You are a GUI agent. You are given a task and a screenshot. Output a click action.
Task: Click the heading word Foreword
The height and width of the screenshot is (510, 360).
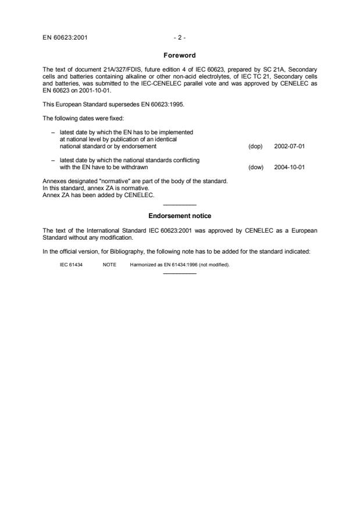click(x=180, y=55)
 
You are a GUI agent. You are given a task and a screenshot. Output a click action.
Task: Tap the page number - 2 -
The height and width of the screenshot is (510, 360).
click(x=180, y=38)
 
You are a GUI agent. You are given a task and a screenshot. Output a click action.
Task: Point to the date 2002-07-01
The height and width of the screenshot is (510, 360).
click(x=289, y=147)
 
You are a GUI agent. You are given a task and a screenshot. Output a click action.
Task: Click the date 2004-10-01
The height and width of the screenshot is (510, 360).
click(x=289, y=167)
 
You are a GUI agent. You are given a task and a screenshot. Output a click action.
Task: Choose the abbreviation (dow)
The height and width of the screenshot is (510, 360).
click(x=255, y=167)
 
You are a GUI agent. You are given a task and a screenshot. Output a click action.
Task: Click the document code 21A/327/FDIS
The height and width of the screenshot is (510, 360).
click(x=120, y=70)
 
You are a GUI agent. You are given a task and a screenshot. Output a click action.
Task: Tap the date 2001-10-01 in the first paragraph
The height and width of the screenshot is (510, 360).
click(x=85, y=91)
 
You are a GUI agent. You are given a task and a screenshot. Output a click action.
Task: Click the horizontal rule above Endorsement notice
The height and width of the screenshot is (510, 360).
click(x=180, y=205)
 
